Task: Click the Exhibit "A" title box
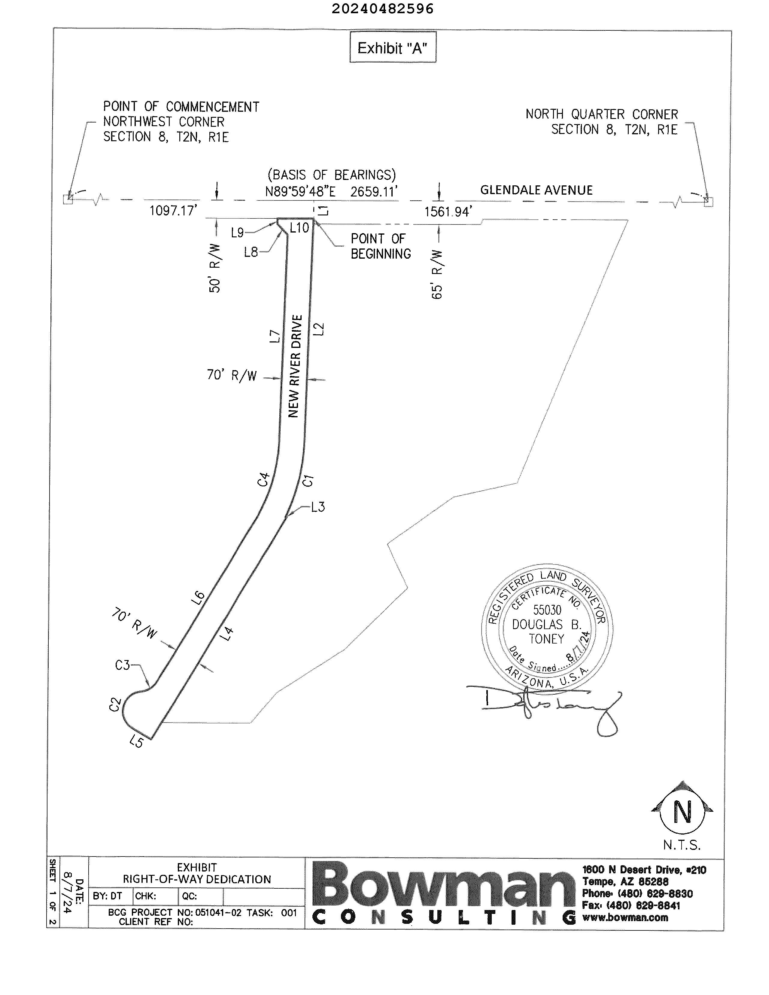pos(392,47)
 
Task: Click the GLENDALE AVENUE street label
pos(536,190)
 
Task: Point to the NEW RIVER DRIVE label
pos(295,366)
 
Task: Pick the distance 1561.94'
pos(448,212)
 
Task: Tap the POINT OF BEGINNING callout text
pos(380,246)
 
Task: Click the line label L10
pos(299,228)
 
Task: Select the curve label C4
pos(264,479)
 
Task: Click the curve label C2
pos(114,704)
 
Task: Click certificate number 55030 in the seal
pos(547,610)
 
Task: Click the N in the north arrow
pos(682,812)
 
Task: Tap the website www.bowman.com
pos(625,917)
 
